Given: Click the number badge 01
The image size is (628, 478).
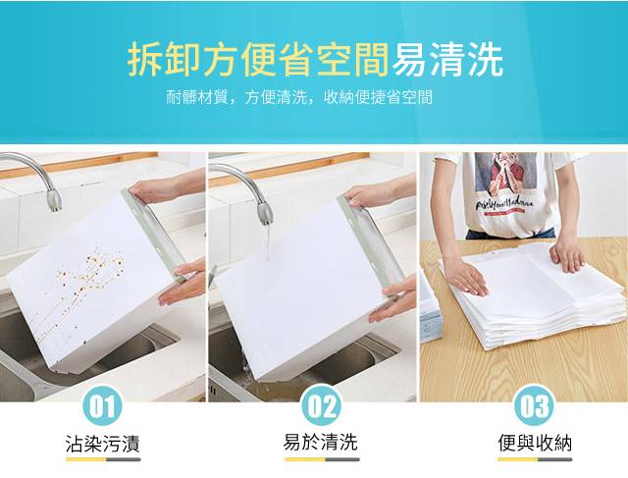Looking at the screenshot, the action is pyautogui.click(x=103, y=406).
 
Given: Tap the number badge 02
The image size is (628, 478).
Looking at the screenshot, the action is pyautogui.click(x=321, y=406).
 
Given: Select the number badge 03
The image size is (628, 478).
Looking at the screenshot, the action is pyautogui.click(x=534, y=406).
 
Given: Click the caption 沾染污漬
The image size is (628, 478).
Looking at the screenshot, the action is pyautogui.click(x=103, y=444).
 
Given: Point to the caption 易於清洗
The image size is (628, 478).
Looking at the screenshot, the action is pyautogui.click(x=321, y=443).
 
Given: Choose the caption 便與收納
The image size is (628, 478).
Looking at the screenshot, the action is pyautogui.click(x=535, y=443).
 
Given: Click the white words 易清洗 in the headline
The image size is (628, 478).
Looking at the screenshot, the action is pyautogui.click(x=447, y=60).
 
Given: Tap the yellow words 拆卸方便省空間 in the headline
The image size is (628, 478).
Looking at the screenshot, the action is pyautogui.click(x=258, y=60).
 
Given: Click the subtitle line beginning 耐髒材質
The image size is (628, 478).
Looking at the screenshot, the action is pyautogui.click(x=299, y=97).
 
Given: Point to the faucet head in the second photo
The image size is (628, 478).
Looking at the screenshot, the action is pyautogui.click(x=265, y=213).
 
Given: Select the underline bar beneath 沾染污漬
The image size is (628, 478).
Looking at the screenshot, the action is pyautogui.click(x=103, y=459).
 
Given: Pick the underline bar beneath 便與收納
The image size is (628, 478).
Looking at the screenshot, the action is pyautogui.click(x=535, y=459).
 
